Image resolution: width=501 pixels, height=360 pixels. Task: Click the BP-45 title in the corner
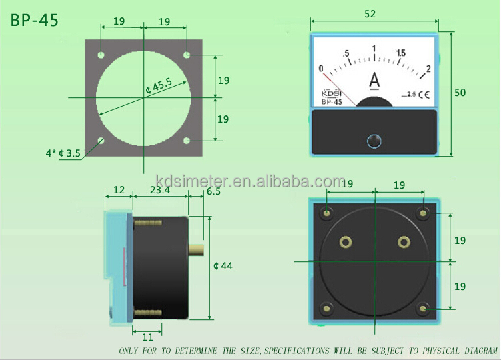(35, 20)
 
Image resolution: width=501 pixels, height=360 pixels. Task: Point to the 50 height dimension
(460, 93)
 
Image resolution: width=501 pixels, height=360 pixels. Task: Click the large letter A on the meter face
(374, 81)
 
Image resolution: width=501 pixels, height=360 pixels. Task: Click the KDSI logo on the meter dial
(332, 93)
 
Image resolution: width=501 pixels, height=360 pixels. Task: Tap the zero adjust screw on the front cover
(374, 141)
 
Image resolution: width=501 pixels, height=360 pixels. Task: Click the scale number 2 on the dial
(428, 68)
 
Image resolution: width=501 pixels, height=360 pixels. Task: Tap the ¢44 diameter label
(223, 266)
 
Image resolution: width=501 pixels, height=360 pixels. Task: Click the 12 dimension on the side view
(119, 190)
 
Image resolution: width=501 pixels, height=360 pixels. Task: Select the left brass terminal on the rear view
(346, 241)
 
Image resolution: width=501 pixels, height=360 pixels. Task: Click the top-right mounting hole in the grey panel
(188, 54)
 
